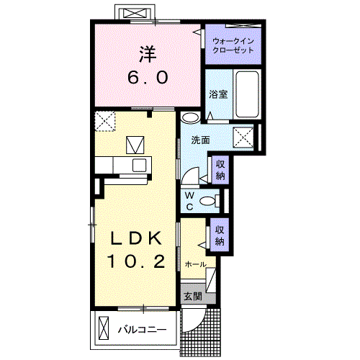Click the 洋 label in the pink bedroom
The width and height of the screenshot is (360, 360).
click(x=148, y=55)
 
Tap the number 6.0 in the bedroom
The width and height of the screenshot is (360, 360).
click(x=148, y=78)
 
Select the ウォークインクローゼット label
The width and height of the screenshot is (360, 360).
click(x=233, y=45)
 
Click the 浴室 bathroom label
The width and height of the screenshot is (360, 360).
click(x=218, y=94)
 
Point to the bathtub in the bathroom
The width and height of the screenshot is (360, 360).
click(x=247, y=94)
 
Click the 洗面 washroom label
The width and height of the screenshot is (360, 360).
click(x=201, y=140)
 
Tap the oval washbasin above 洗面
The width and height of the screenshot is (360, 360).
click(x=191, y=117)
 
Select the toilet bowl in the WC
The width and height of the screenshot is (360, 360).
click(x=208, y=201)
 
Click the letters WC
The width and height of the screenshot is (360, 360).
click(x=189, y=202)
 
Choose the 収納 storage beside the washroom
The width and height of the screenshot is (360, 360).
click(x=220, y=170)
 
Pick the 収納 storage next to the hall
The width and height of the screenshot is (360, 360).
click(x=220, y=235)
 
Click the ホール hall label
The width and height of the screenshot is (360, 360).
click(x=195, y=264)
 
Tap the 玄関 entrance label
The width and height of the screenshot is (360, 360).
click(x=193, y=297)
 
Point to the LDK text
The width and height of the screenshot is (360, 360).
click(x=136, y=238)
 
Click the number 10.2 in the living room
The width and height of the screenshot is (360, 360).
click(x=136, y=261)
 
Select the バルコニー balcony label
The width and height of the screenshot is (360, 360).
click(x=142, y=330)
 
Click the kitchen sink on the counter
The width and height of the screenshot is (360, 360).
click(x=139, y=166)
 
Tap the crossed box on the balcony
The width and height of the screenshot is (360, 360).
click(x=104, y=328)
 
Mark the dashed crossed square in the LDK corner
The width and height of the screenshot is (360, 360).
click(x=105, y=121)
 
